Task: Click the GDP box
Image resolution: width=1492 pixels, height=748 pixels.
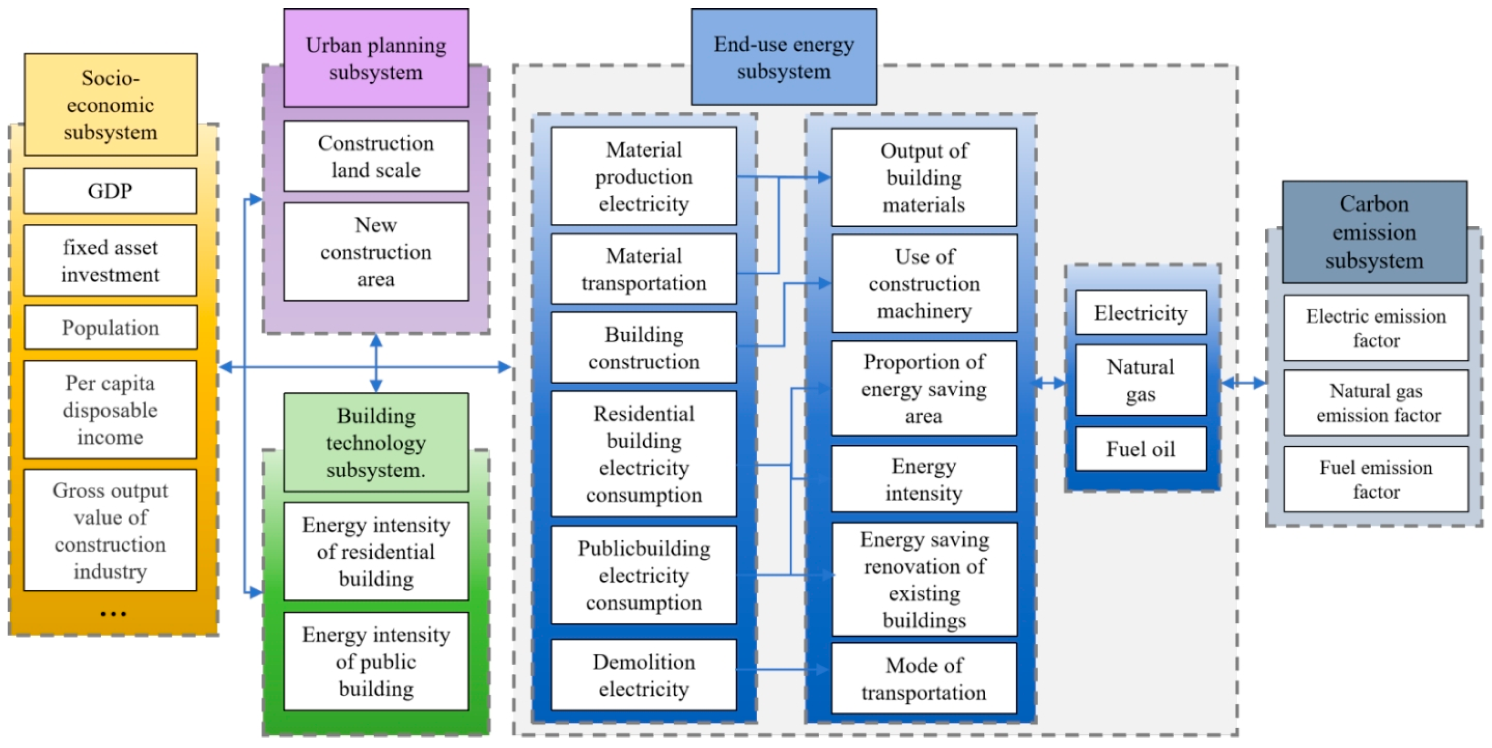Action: click(x=110, y=191)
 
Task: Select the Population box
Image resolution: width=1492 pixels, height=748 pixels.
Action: click(x=110, y=328)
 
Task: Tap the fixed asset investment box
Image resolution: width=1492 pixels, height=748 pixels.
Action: click(x=110, y=260)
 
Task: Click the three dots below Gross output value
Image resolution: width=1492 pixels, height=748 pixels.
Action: click(x=113, y=614)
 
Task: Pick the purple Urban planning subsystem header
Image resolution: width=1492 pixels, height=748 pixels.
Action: click(x=376, y=58)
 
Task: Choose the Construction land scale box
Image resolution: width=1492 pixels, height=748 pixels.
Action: click(x=376, y=156)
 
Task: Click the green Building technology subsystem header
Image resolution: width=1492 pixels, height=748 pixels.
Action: click(x=376, y=442)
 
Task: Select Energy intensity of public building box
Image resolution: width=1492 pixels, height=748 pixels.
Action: click(x=376, y=661)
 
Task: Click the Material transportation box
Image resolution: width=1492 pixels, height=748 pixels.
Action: click(x=643, y=269)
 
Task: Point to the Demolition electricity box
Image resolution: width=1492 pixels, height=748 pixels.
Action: click(x=643, y=675)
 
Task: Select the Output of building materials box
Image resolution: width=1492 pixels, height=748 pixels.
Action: click(x=924, y=177)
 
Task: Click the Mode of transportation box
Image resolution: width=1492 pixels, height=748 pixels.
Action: click(x=924, y=679)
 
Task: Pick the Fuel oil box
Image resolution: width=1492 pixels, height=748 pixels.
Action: click(x=1141, y=449)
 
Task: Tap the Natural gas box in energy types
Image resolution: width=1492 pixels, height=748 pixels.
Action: click(x=1141, y=380)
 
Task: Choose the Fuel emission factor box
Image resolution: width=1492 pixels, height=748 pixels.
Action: click(x=1376, y=479)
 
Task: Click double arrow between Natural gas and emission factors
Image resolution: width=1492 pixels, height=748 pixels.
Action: click(x=1243, y=383)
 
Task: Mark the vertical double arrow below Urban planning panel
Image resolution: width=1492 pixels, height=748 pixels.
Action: click(x=376, y=364)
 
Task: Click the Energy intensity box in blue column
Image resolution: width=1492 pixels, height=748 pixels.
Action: click(x=924, y=479)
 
